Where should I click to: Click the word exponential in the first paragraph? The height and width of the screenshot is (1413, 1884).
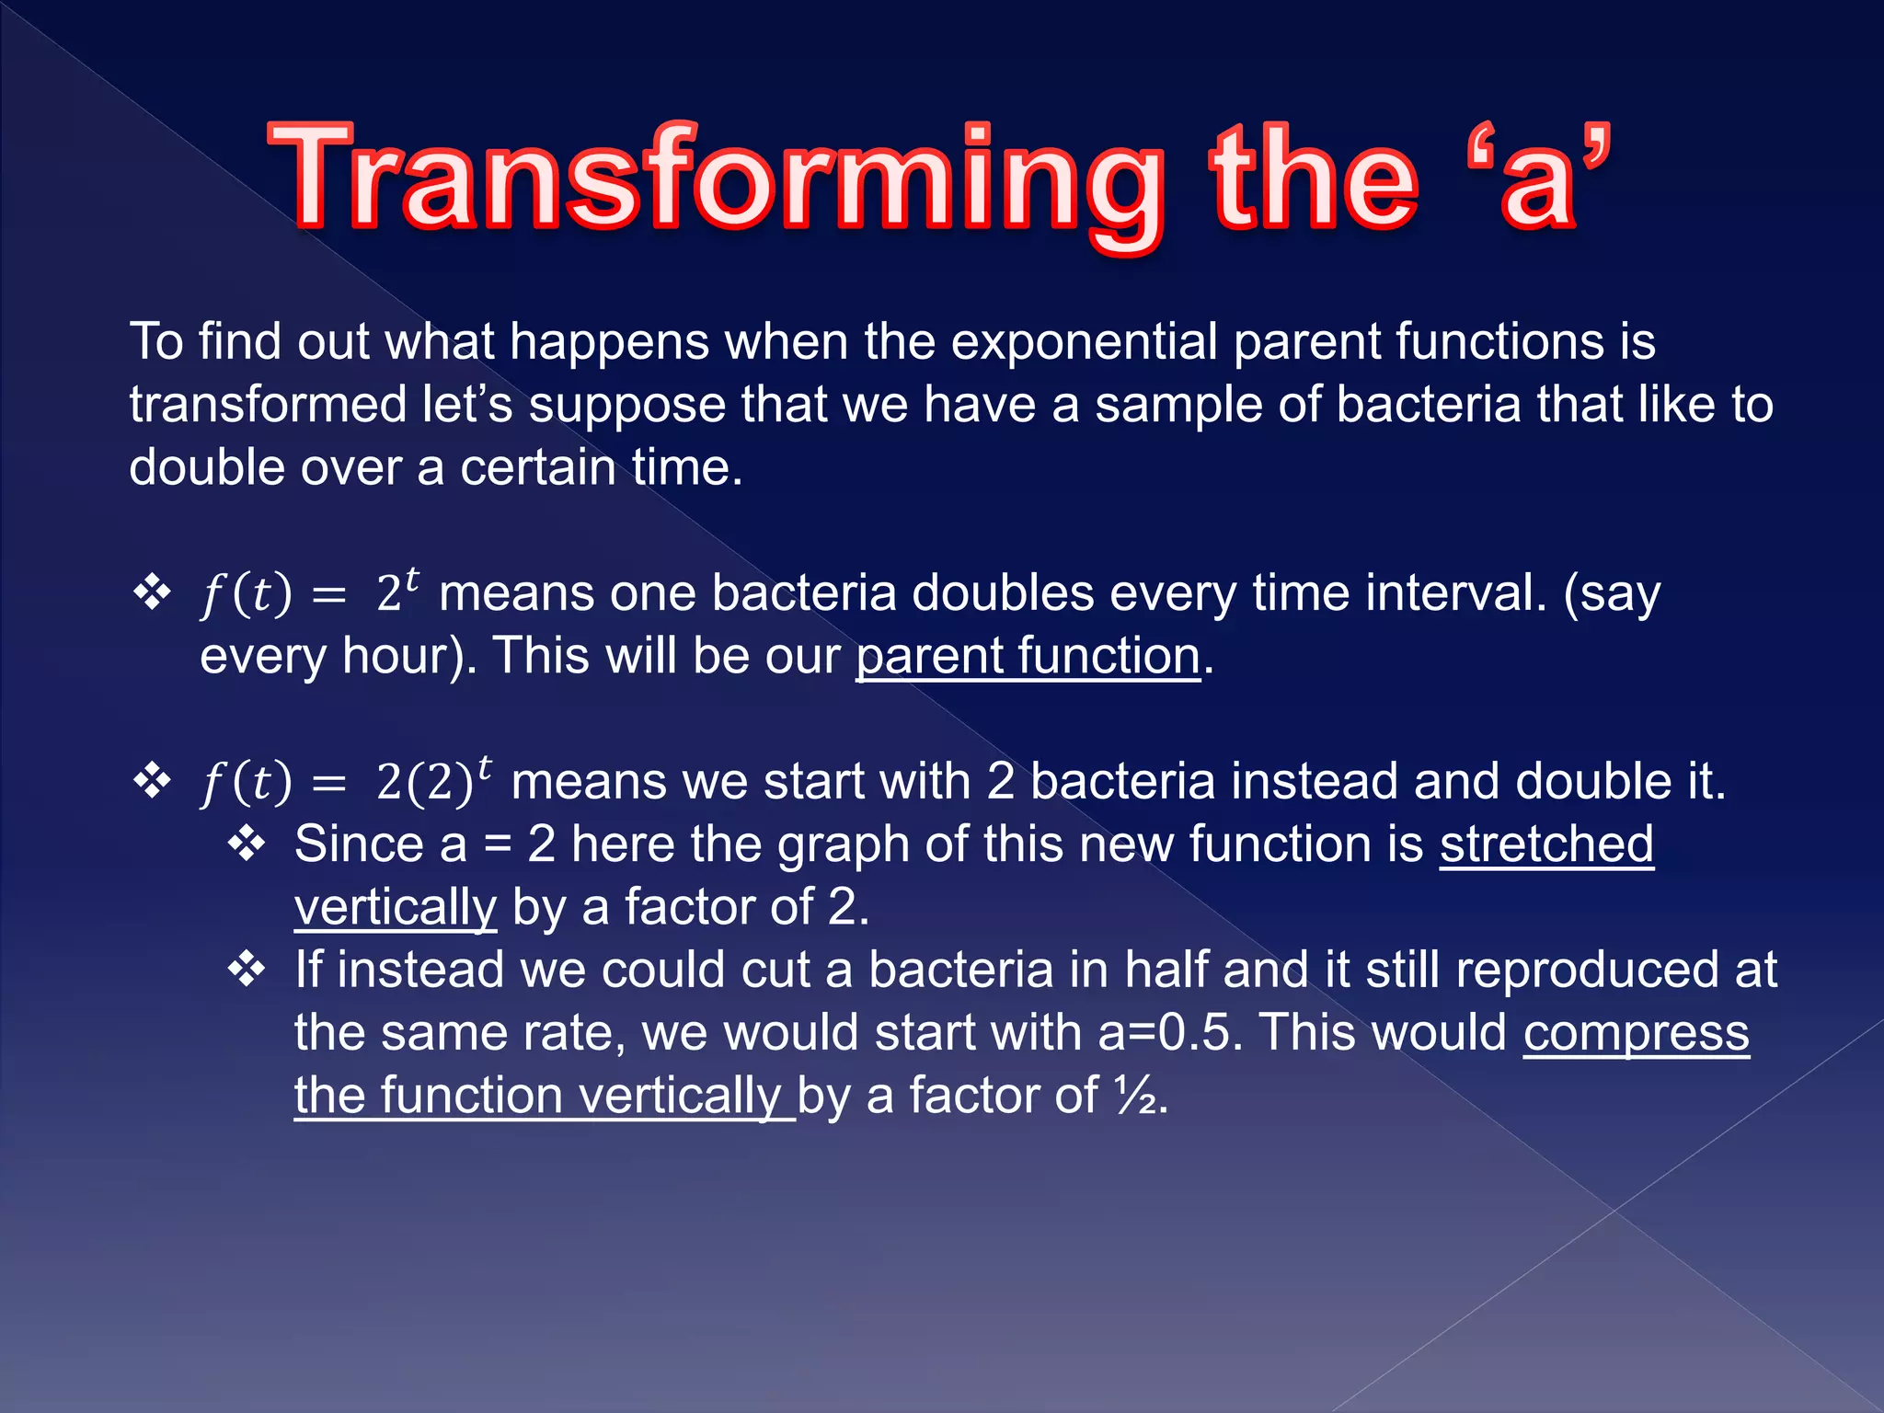pyautogui.click(x=1084, y=342)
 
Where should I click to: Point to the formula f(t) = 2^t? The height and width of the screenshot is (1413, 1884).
pyautogui.click(x=309, y=592)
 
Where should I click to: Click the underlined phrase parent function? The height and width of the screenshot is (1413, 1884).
pyautogui.click(x=1028, y=657)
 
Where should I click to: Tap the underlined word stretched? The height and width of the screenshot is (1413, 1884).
pyautogui.click(x=1546, y=844)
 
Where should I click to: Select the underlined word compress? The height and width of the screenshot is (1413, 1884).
pyautogui.click(x=1636, y=1033)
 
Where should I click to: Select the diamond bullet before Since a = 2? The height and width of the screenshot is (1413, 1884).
pyautogui.click(x=247, y=844)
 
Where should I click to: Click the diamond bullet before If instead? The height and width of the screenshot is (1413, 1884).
pyautogui.click(x=247, y=970)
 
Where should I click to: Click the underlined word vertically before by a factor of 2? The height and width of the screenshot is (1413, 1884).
pyautogui.click(x=396, y=908)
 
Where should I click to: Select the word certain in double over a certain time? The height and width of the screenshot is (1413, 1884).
pyautogui.click(x=537, y=468)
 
